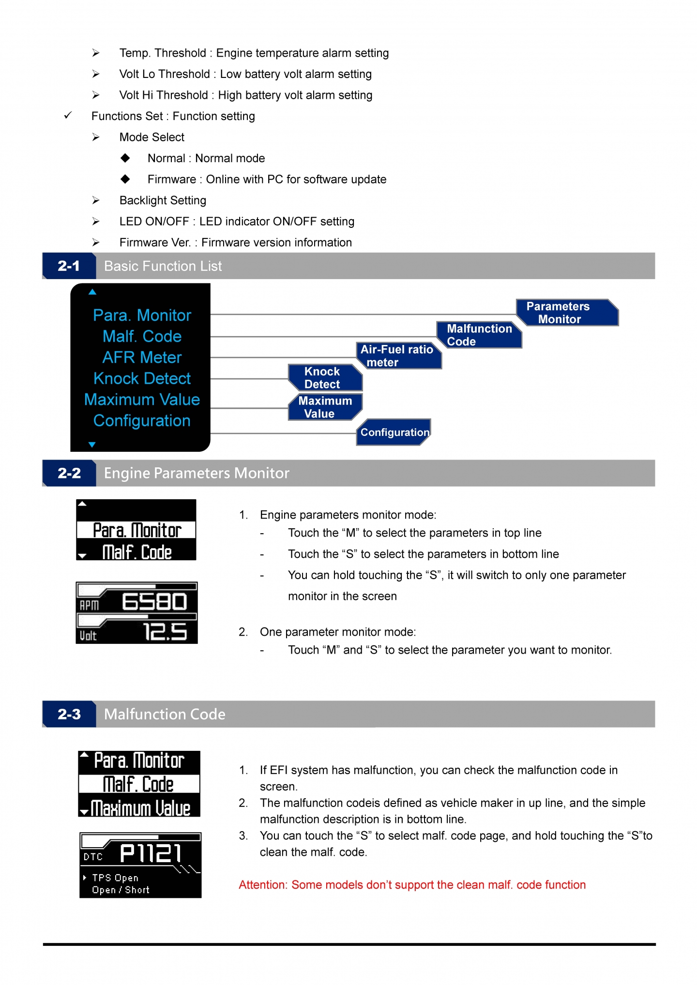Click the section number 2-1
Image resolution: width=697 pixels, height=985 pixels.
69,266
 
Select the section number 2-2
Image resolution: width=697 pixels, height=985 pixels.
69,473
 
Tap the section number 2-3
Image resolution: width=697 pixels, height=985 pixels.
69,714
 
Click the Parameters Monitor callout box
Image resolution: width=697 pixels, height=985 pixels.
567,313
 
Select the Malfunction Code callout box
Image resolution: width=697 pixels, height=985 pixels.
479,335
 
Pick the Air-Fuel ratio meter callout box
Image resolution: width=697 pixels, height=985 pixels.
399,356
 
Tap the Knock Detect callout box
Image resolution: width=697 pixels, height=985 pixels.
325,378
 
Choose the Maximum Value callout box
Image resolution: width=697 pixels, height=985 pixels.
325,407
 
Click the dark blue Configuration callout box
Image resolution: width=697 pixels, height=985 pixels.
394,432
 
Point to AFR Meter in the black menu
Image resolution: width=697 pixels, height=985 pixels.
142,358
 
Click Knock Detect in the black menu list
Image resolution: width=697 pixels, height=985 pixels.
142,378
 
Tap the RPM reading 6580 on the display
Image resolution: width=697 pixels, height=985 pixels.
154,602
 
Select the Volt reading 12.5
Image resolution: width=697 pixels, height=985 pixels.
165,632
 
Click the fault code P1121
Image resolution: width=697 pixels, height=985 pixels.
151,853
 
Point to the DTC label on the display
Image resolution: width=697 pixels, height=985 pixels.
93,857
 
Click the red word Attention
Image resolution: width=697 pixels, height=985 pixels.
263,885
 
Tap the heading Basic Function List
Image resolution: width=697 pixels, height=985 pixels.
163,266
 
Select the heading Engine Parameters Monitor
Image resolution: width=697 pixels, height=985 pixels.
197,473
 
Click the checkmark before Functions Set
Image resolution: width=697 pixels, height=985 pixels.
68,115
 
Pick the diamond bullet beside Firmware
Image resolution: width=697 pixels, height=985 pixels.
125,179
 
